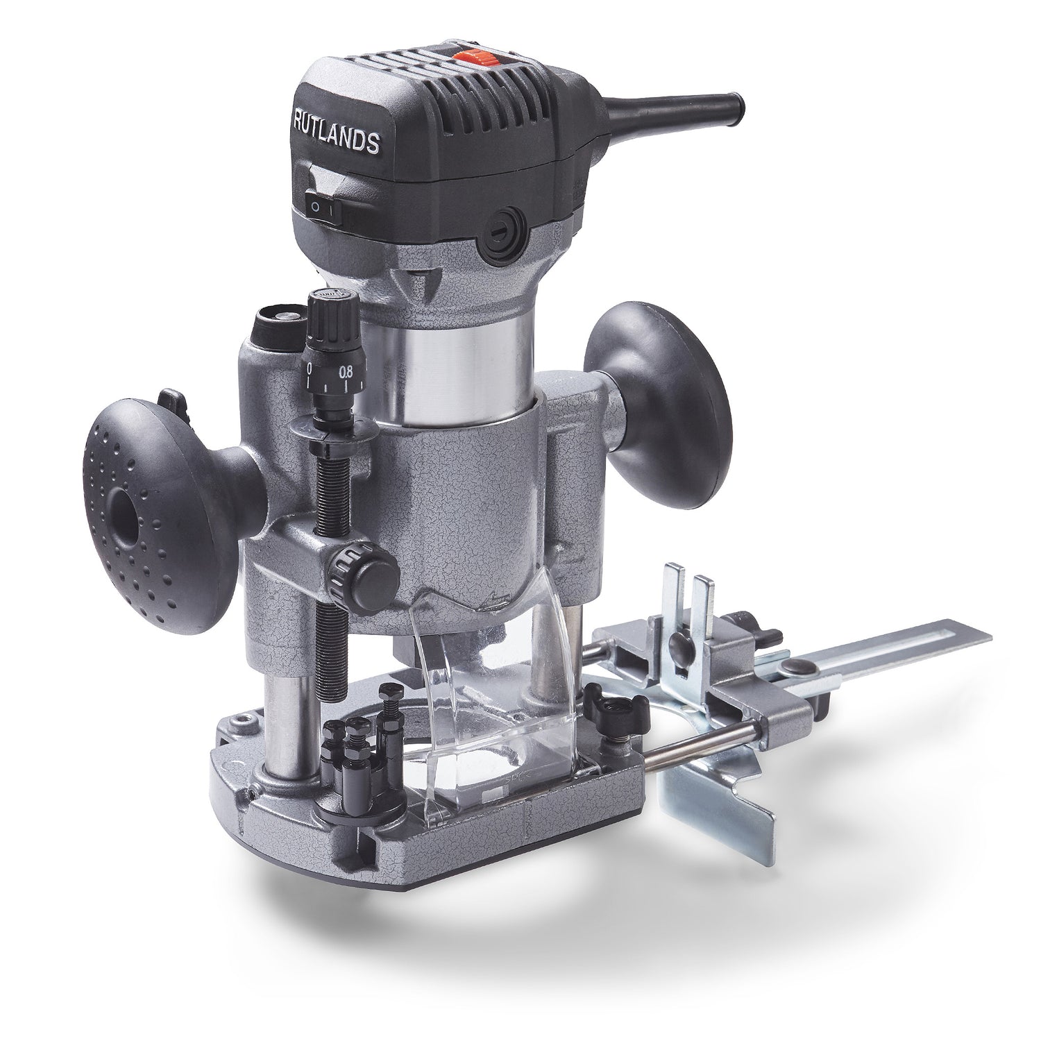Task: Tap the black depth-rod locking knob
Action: coord(369,571)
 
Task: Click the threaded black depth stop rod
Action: coord(331,527)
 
